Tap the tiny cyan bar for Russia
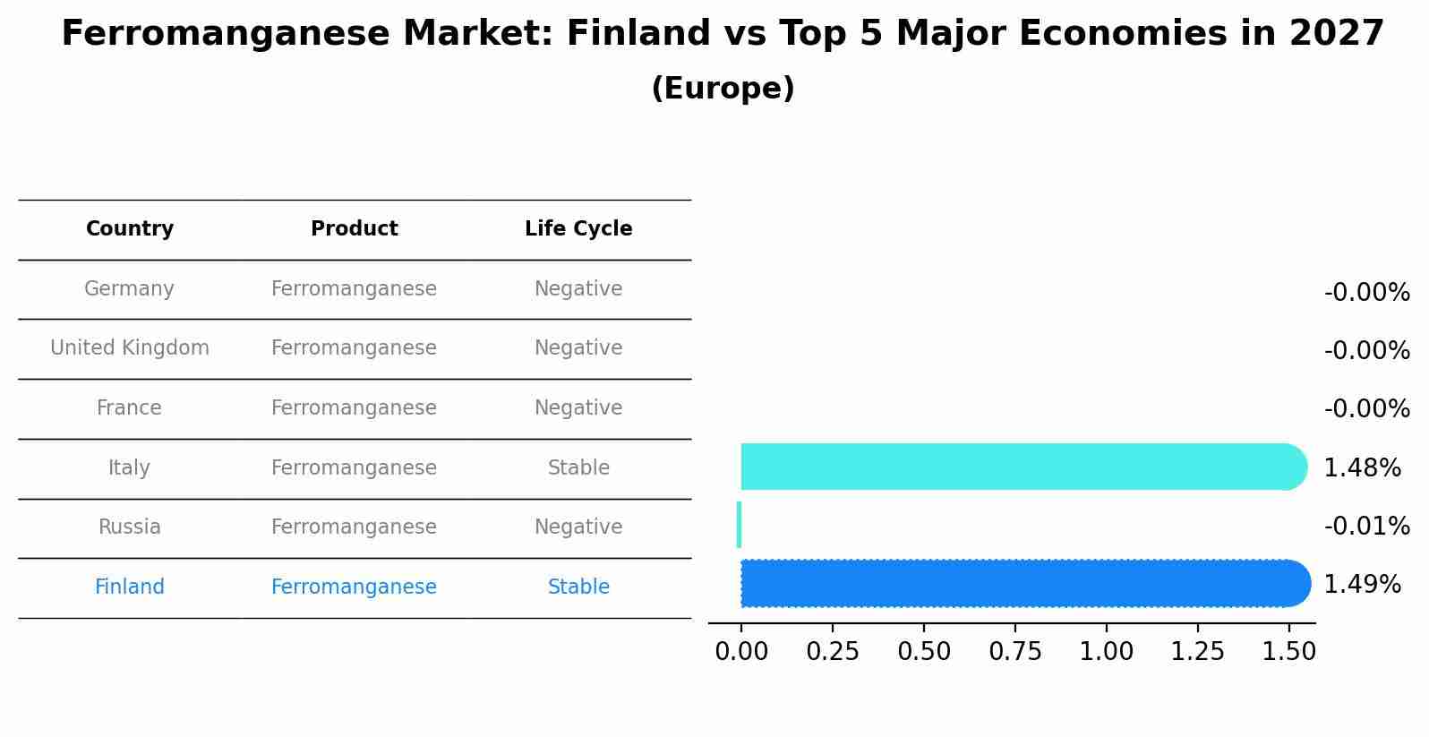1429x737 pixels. [739, 525]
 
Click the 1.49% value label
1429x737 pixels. [1362, 585]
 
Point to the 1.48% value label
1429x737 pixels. [1362, 467]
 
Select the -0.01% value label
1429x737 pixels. [1366, 526]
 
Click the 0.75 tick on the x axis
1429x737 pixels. [1015, 652]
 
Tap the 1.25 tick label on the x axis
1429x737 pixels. [1197, 652]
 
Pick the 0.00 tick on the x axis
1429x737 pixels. [741, 652]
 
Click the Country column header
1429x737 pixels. [130, 229]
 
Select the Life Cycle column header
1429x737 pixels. [578, 229]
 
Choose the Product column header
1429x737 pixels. [354, 229]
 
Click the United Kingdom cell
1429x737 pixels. [130, 348]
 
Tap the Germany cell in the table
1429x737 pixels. [129, 289]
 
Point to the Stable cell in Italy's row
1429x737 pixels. [578, 468]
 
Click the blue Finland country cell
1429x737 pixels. [130, 587]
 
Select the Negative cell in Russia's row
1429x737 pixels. [578, 527]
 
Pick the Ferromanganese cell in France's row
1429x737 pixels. [354, 408]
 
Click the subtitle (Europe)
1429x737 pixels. [723, 89]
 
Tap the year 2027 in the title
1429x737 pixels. [1337, 34]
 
